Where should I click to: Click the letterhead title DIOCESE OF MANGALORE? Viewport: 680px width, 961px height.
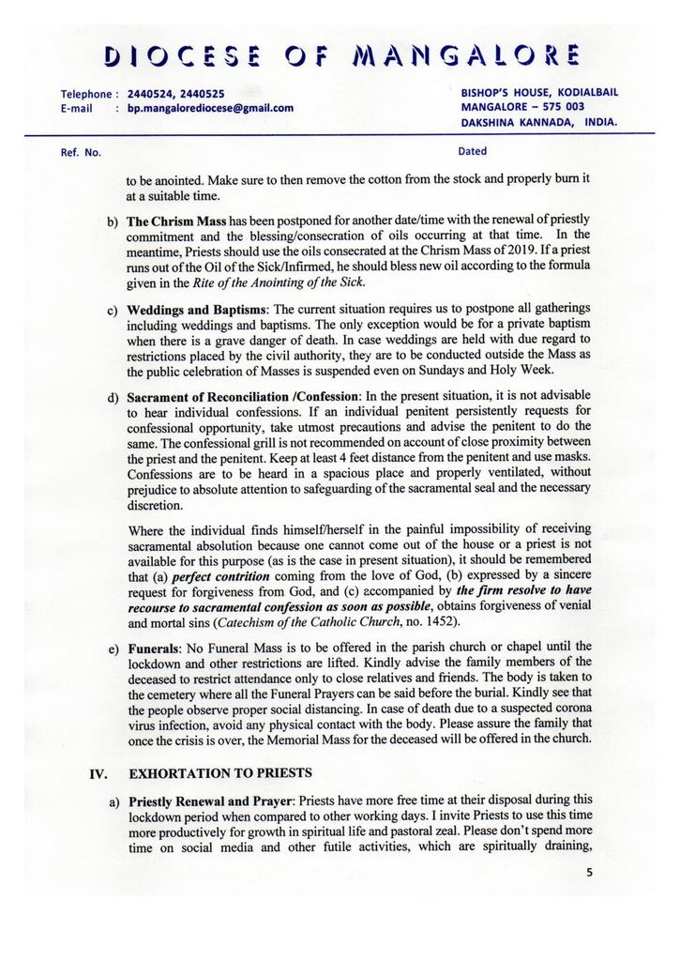[x=340, y=55]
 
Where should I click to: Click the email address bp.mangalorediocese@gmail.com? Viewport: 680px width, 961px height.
[x=210, y=108]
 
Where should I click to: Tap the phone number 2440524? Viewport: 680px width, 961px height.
[x=150, y=94]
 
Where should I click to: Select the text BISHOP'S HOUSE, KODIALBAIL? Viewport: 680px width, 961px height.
[x=539, y=93]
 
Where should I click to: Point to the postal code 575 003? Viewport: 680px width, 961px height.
[x=563, y=107]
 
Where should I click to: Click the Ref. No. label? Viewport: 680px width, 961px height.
[x=81, y=151]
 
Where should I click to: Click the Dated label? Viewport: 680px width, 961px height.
[x=472, y=150]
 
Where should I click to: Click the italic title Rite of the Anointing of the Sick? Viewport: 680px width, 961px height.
[x=279, y=282]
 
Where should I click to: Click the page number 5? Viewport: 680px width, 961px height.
[x=589, y=871]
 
